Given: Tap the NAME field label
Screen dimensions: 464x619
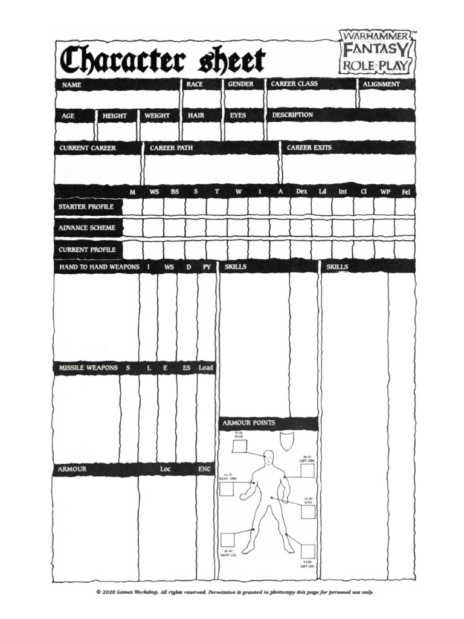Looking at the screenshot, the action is (x=71, y=85).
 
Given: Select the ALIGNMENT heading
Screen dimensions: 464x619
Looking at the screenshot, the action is (x=381, y=84).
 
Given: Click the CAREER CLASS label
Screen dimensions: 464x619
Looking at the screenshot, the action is (x=294, y=84).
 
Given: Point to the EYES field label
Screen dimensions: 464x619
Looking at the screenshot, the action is (x=238, y=115).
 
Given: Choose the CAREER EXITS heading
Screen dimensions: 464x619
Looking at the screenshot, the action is (x=309, y=147).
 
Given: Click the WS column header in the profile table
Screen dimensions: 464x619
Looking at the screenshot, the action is (x=154, y=192).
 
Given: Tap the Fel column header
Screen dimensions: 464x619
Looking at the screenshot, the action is (x=405, y=192).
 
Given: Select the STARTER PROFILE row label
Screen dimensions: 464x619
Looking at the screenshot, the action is (x=86, y=207).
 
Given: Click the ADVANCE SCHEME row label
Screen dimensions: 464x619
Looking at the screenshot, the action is (x=86, y=228).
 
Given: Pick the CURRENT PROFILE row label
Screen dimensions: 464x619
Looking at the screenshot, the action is (x=87, y=249).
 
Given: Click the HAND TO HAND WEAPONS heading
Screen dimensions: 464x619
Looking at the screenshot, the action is (x=99, y=267).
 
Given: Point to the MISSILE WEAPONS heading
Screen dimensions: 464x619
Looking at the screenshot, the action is (x=88, y=368).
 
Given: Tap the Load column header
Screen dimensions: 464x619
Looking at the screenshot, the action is (x=205, y=368).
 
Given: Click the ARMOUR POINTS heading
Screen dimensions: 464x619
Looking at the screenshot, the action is (x=248, y=423).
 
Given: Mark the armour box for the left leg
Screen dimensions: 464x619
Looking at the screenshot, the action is (x=308, y=551).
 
